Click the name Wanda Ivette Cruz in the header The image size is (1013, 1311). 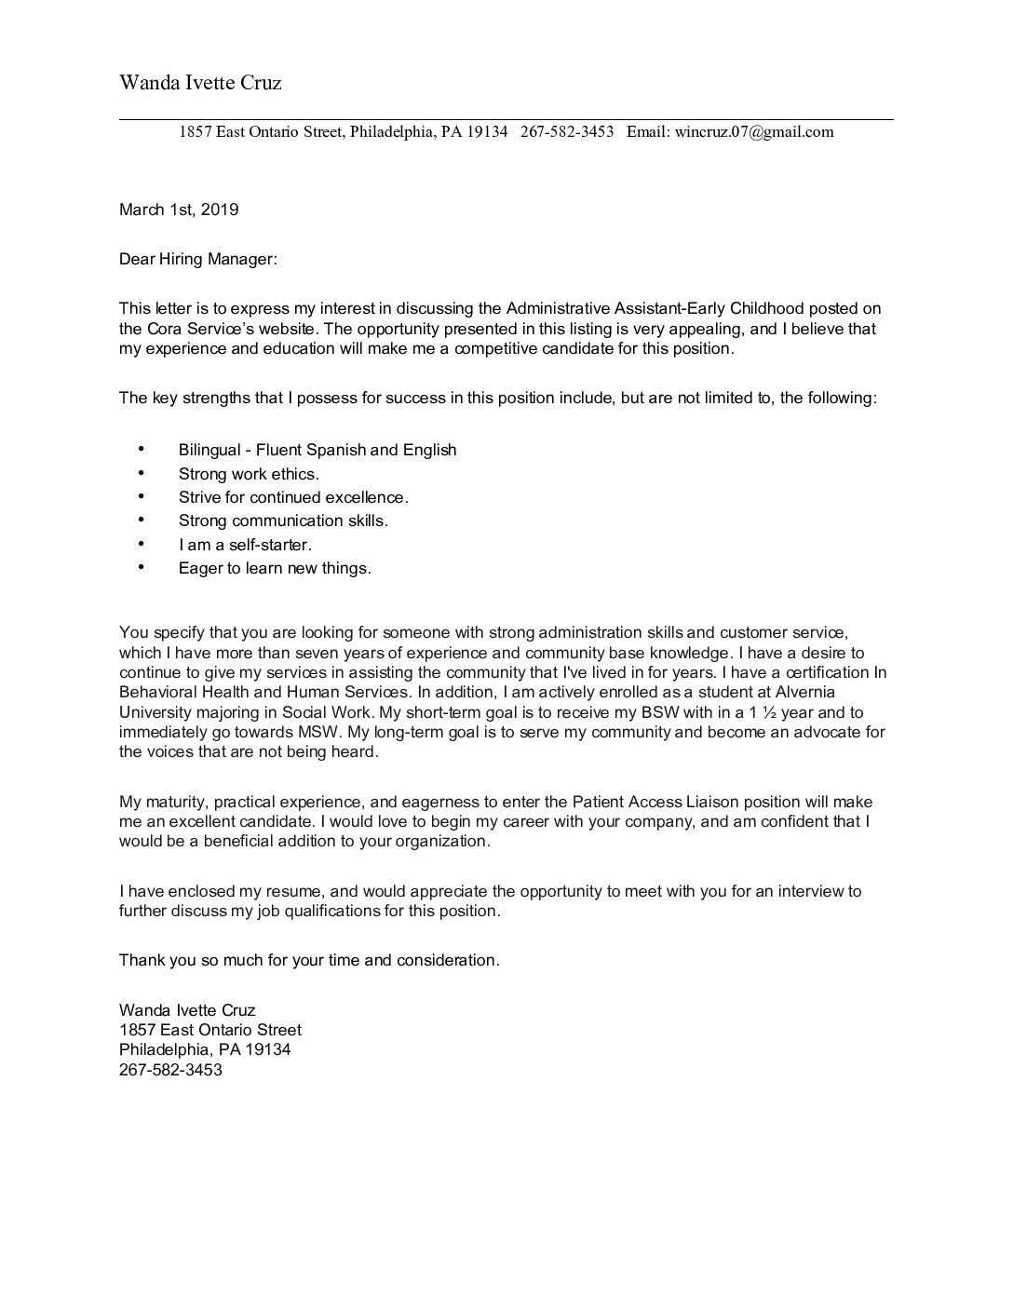[x=200, y=83]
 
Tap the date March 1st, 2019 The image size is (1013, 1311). [x=179, y=209]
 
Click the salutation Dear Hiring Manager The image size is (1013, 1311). [x=197, y=259]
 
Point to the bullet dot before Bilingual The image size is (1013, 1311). [x=142, y=449]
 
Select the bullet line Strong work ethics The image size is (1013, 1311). [x=249, y=474]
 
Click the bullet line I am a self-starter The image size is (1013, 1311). [x=245, y=545]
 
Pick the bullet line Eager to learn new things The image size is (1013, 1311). [x=275, y=568]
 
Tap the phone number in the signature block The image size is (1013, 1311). [x=170, y=1070]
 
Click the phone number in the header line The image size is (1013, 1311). [x=567, y=131]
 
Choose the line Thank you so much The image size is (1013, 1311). [x=309, y=960]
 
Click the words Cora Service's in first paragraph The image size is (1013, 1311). [x=197, y=329]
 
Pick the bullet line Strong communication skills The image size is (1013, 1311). [x=283, y=520]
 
